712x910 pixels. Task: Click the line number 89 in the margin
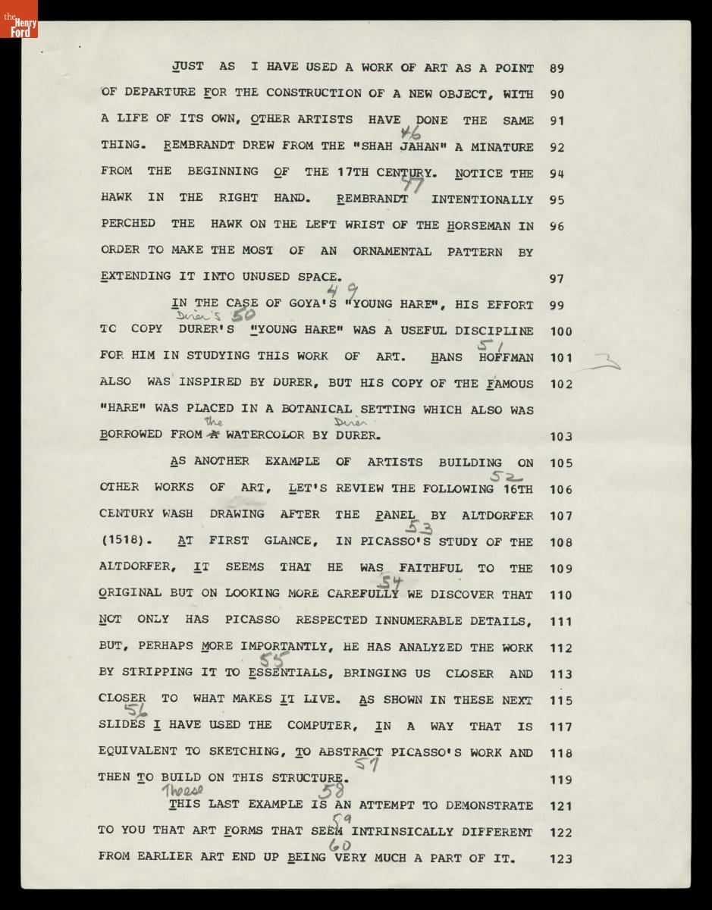557,68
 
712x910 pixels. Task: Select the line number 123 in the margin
561,858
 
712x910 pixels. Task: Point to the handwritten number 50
249,315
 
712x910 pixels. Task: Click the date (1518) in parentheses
126,541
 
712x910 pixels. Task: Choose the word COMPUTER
321,726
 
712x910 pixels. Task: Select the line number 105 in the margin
561,463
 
